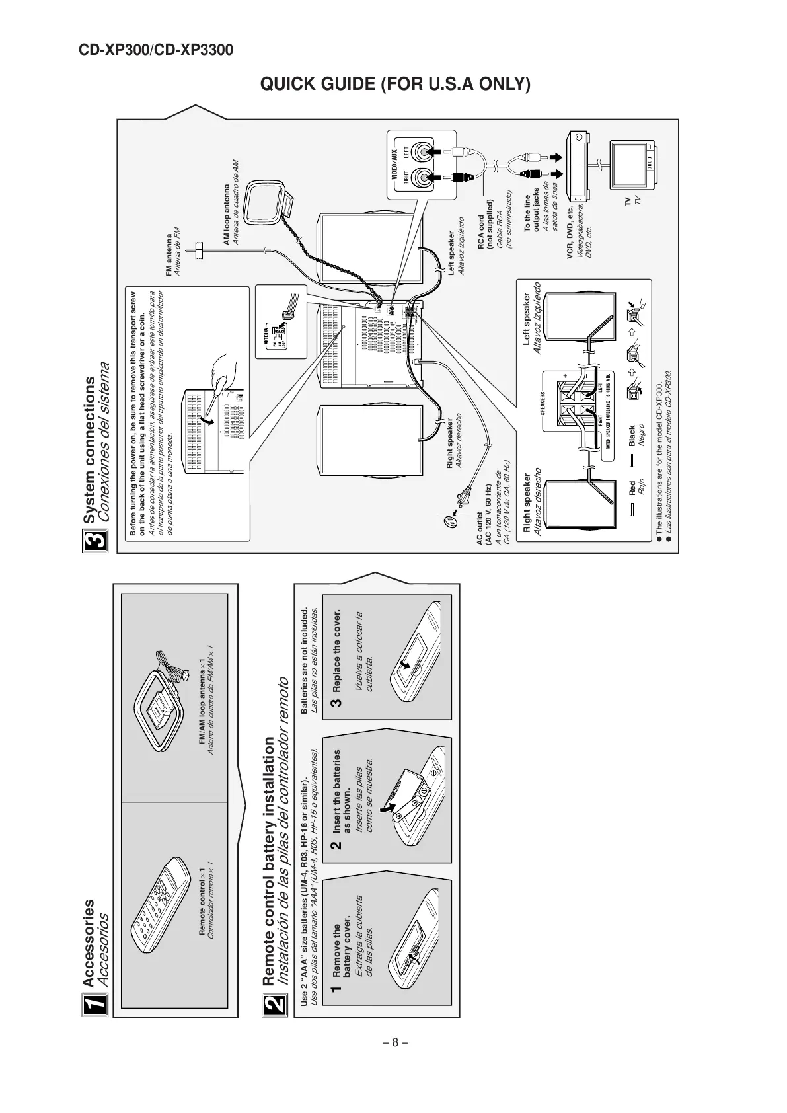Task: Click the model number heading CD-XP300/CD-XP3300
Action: point(156,50)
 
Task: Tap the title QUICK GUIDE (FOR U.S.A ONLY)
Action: point(395,85)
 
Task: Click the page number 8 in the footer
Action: point(394,1043)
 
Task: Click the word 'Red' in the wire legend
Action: point(632,488)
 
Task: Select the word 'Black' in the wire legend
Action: point(632,436)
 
